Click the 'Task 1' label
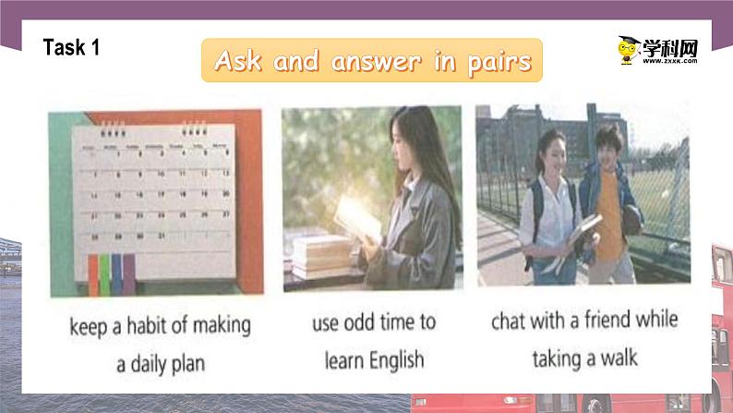click(71, 48)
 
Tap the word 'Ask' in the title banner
click(236, 61)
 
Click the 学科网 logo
click(657, 50)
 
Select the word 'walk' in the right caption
click(617, 357)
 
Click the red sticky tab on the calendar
click(93, 272)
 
